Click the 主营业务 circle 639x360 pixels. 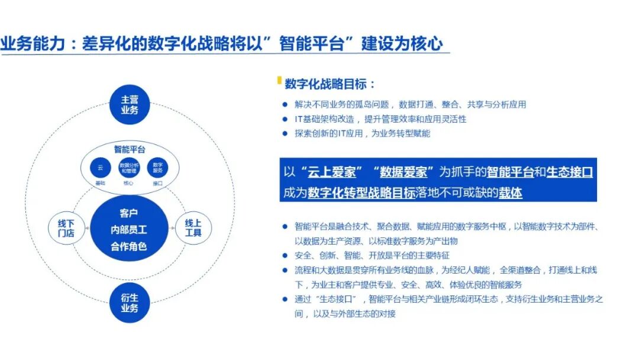tap(130, 104)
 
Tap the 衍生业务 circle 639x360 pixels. tap(130, 303)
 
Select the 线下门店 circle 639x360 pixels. tap(66, 228)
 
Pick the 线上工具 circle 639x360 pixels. tap(193, 228)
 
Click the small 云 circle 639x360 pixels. tap(100, 168)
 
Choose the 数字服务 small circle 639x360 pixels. tap(157, 168)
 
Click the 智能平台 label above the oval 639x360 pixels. tap(130, 150)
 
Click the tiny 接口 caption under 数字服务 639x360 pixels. tap(157, 184)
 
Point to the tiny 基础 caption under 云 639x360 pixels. tap(100, 184)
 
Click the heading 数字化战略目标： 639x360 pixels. tap(330, 84)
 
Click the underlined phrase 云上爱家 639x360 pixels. tap(332, 172)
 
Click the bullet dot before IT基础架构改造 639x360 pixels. tap(285, 119)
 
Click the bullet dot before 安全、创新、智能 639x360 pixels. tap(285, 256)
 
